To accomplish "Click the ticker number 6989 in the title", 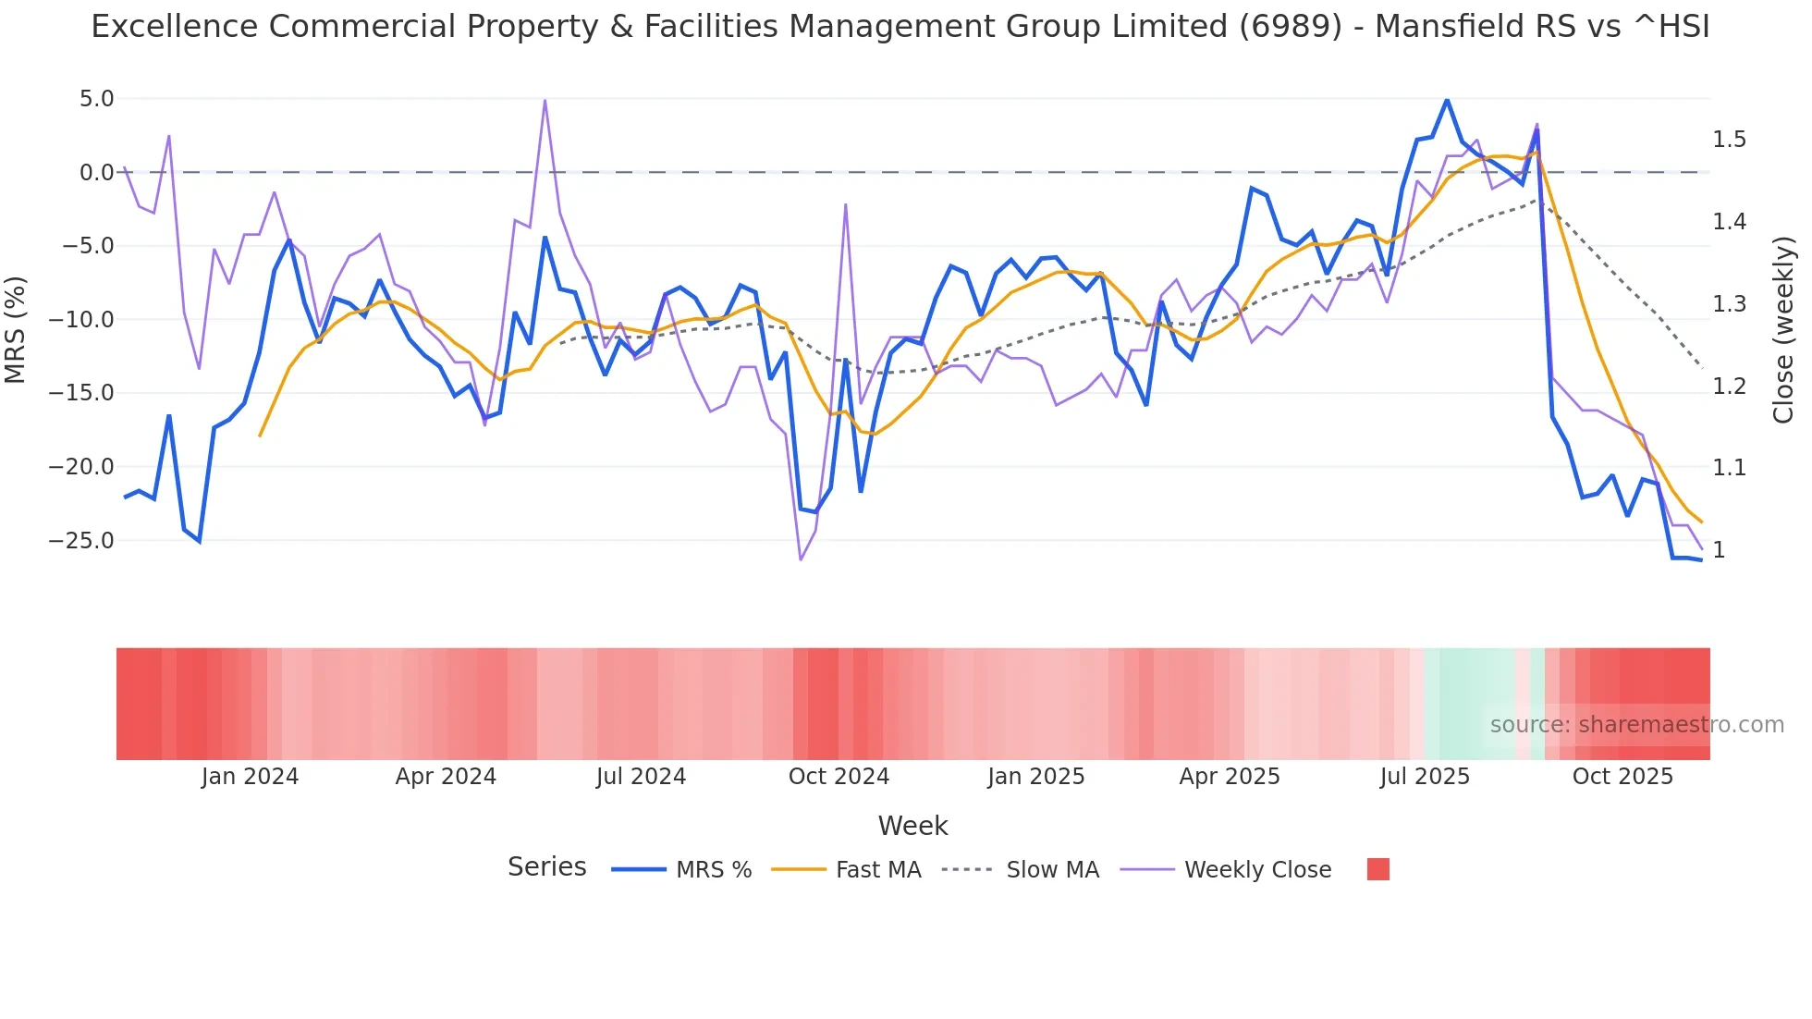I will (x=1290, y=27).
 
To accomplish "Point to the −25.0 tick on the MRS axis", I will (x=81, y=541).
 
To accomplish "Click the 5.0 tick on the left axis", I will (x=96, y=99).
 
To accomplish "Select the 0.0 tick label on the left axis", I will (x=96, y=173).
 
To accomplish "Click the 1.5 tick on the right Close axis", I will (x=1729, y=140).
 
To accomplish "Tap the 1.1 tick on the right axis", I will (x=1729, y=468).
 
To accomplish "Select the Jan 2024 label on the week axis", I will (x=250, y=777).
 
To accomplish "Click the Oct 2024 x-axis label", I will (x=839, y=777).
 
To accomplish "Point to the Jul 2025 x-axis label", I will (x=1425, y=777).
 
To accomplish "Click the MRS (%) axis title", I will (x=15, y=329).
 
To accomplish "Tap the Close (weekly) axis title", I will (x=1783, y=330).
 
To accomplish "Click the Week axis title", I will (x=912, y=826).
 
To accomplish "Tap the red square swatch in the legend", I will (x=1377, y=869).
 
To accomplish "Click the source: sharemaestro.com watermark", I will (x=1636, y=725).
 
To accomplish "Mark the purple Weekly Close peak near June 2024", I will (x=545, y=100).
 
